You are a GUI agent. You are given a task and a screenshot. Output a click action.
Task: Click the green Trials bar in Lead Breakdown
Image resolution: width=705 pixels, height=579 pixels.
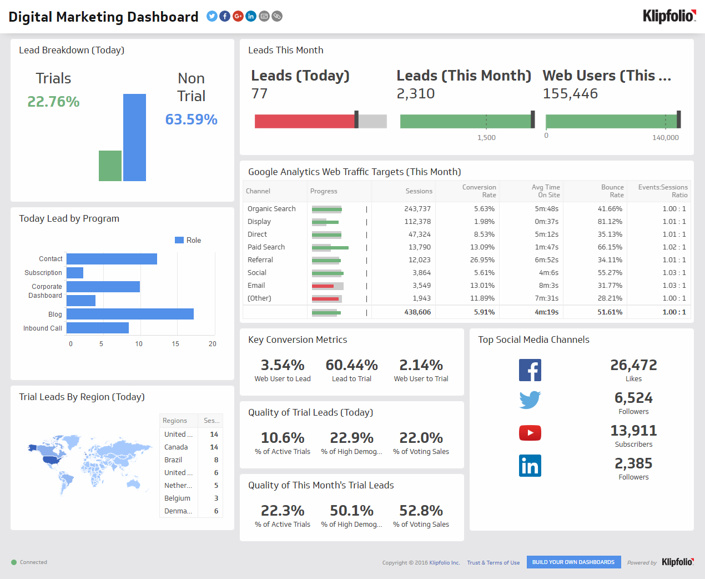click(110, 166)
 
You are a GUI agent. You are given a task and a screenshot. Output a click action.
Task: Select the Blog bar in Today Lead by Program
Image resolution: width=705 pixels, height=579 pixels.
click(130, 314)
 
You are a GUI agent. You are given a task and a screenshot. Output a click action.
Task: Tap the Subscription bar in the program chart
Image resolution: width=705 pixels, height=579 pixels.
click(75, 273)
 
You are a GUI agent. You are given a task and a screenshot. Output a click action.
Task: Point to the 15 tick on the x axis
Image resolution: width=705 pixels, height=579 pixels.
click(175, 344)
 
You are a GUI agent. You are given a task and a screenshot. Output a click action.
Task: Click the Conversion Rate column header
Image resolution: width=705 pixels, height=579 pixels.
click(479, 191)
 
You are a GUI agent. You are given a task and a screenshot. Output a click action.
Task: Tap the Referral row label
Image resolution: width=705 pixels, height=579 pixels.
click(260, 260)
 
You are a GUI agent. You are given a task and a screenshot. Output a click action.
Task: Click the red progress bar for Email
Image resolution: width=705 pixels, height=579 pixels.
click(323, 286)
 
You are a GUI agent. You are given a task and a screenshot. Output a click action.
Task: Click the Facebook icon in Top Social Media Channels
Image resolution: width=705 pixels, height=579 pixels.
click(530, 370)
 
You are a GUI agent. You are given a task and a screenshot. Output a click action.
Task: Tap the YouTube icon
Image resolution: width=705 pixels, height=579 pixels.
click(530, 433)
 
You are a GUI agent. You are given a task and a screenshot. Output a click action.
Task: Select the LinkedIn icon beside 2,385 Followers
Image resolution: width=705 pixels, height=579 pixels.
click(530, 466)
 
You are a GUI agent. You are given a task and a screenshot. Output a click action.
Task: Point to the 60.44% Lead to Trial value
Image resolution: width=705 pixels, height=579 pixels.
click(351, 365)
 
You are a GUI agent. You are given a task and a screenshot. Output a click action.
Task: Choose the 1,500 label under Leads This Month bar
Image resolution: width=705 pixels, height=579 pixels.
click(486, 138)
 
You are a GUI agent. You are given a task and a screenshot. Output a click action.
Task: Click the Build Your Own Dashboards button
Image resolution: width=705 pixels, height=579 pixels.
click(573, 562)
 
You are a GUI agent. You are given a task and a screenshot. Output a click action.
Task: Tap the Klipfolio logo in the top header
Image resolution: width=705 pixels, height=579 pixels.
click(669, 16)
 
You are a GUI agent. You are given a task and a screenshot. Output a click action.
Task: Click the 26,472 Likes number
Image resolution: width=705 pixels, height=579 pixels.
click(633, 365)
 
